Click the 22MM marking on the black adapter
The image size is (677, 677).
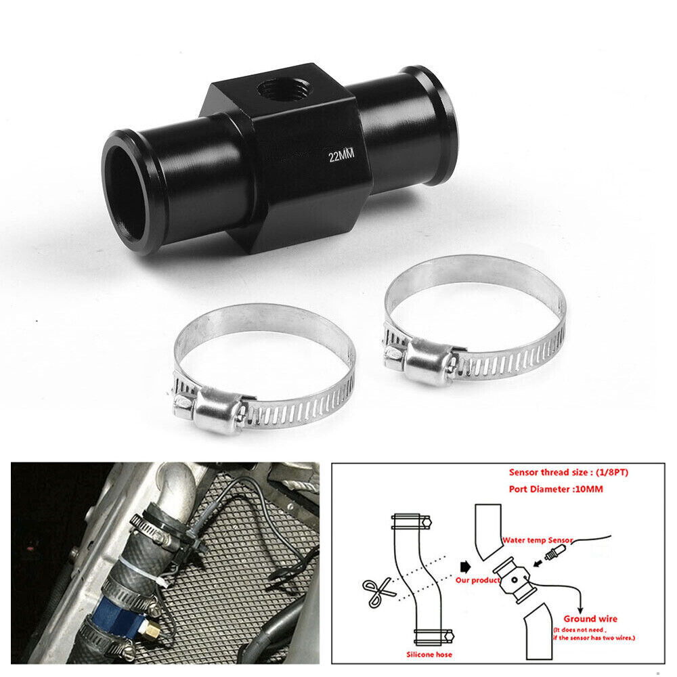click(x=341, y=156)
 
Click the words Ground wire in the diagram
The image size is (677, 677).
click(x=590, y=618)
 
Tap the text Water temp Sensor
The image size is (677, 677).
click(x=538, y=540)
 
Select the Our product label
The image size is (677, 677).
click(x=477, y=580)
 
